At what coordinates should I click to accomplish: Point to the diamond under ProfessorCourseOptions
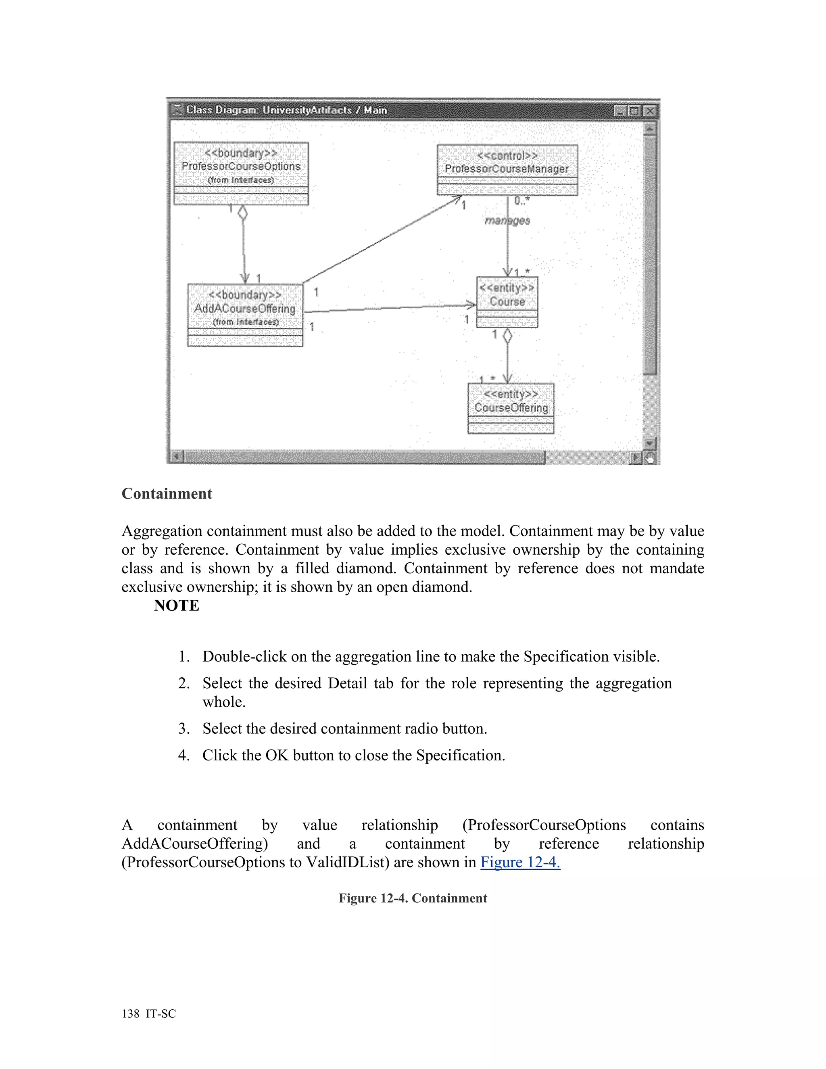(x=242, y=213)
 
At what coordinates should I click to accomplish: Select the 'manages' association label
(x=507, y=221)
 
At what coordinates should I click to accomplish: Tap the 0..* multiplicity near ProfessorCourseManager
(x=521, y=200)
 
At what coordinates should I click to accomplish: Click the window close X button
(x=650, y=111)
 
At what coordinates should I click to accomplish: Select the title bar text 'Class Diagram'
(x=221, y=110)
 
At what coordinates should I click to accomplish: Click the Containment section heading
(x=167, y=493)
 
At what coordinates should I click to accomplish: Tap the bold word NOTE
(x=177, y=605)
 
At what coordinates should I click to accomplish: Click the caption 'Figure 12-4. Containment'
(x=413, y=898)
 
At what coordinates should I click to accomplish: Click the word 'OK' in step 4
(x=276, y=755)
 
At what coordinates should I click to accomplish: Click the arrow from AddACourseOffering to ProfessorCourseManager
(x=382, y=240)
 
